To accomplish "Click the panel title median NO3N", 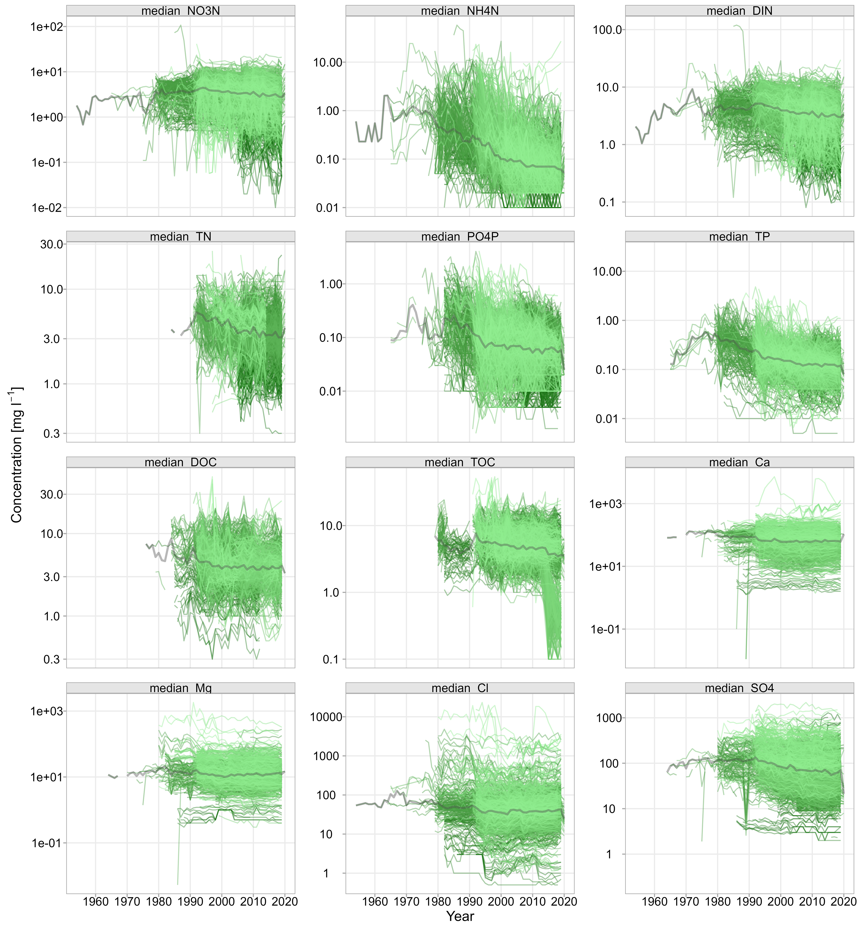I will [181, 11].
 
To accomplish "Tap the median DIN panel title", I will [739, 11].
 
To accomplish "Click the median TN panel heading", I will [181, 237].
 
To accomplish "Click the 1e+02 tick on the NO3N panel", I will [47, 27].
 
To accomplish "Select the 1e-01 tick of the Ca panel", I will [605, 629].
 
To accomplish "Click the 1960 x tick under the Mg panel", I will [95, 901].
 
